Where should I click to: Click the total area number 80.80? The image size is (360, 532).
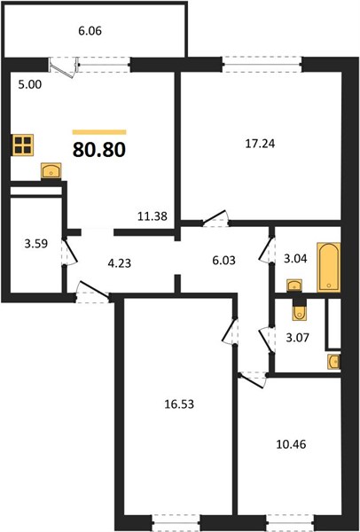point(99,150)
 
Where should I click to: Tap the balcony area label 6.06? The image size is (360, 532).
point(90,31)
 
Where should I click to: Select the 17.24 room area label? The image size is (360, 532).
point(260,144)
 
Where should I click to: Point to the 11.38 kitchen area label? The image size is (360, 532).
point(153,216)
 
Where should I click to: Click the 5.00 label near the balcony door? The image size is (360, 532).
point(30,84)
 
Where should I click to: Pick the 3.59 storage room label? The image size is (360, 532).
point(36,244)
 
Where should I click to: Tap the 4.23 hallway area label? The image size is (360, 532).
point(119,263)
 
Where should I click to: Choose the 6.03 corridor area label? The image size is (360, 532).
point(223,261)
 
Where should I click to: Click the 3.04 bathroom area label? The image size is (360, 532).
point(295,259)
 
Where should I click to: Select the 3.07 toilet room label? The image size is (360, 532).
point(298,338)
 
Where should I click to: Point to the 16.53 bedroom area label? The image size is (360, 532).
point(179,404)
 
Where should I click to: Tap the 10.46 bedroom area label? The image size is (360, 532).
point(291,444)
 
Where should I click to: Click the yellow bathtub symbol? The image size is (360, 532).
point(328,268)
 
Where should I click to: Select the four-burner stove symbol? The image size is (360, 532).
point(23,145)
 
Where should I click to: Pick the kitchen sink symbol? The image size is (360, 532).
point(51,170)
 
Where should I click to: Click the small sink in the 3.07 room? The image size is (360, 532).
point(334,362)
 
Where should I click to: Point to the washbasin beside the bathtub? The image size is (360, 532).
point(294,286)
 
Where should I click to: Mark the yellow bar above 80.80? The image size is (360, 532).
point(99,132)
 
